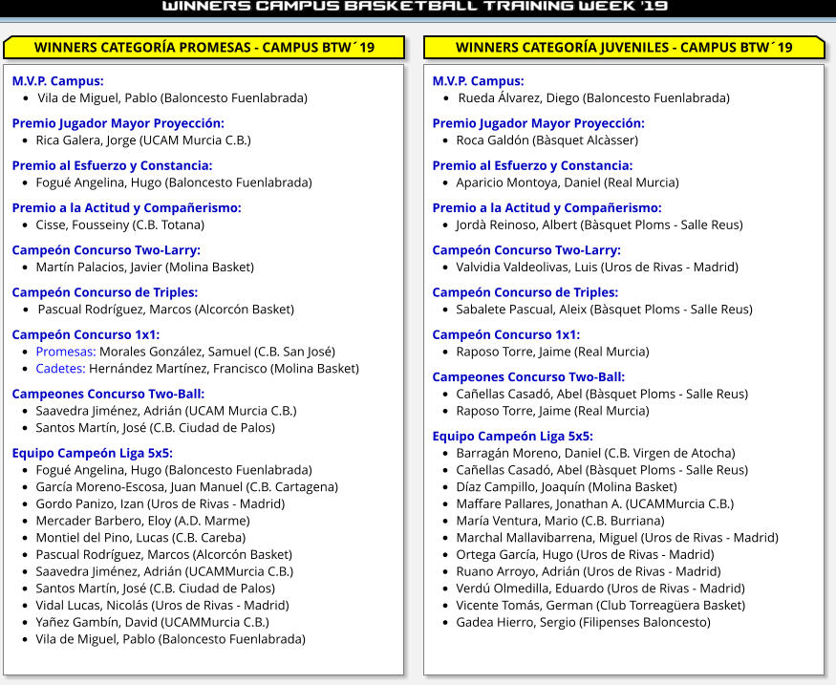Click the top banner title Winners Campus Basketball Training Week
tap(415, 8)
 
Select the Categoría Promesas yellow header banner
tap(204, 48)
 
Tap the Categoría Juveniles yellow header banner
tap(623, 48)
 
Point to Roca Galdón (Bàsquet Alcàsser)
tap(547, 139)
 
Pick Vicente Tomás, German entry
tap(524, 605)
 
